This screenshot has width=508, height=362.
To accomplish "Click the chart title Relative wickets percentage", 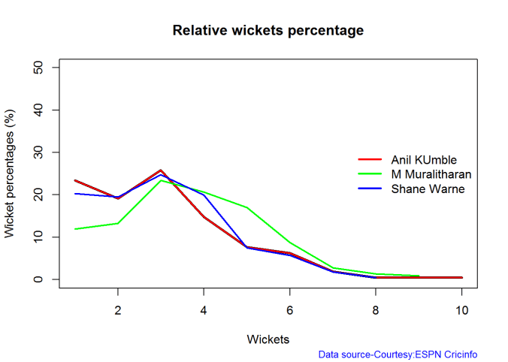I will [268, 31].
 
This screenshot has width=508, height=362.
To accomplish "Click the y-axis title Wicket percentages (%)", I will [10, 173].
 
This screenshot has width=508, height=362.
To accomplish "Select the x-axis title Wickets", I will [268, 339].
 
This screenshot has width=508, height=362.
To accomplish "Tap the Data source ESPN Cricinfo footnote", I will [398, 354].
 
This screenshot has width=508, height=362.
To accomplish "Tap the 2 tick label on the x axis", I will [117, 310].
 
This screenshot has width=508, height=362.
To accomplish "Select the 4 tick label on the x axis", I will [204, 310].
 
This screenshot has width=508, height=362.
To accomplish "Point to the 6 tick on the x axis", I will [290, 310].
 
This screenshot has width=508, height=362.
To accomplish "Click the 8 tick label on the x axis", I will [376, 310].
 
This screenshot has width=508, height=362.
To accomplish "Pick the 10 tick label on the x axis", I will [462, 310].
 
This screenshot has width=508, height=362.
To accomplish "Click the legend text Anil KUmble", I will [424, 160].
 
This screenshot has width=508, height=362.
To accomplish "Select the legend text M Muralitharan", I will [431, 174].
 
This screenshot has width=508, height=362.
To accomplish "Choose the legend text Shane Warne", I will [428, 189].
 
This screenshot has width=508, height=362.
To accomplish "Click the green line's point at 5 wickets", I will [246, 207].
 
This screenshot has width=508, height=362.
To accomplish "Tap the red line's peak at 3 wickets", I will [161, 170].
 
